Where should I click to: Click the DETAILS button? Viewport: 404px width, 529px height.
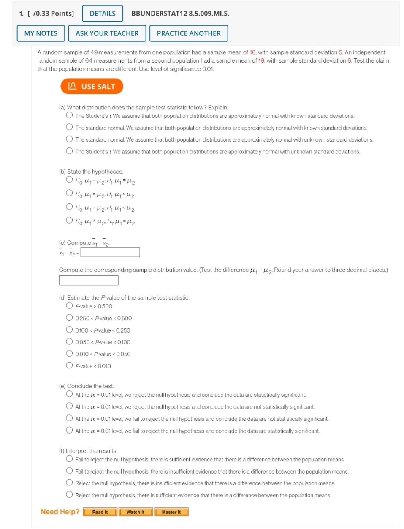tap(103, 14)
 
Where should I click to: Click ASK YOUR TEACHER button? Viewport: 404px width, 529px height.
tap(107, 33)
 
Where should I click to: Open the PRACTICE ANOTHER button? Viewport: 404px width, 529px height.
tap(189, 33)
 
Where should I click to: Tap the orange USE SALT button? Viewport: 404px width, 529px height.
tap(92, 86)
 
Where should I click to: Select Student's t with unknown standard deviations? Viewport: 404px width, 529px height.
tap(69, 151)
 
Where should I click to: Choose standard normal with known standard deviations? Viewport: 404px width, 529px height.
tap(69, 127)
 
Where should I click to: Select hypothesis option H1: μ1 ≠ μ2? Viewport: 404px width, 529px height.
tap(69, 180)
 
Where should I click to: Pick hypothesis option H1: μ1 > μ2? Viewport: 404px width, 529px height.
tap(69, 193)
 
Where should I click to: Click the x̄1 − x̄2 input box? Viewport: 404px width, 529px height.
tap(110, 252)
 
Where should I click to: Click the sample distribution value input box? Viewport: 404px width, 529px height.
tap(89, 280)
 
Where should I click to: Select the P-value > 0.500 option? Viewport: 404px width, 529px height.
tap(69, 305)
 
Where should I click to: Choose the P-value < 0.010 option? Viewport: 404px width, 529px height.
tap(69, 365)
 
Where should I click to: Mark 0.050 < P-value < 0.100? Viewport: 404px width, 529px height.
tap(69, 341)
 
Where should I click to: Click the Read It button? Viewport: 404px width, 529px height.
tap(100, 512)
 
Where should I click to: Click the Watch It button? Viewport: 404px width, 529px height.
tap(136, 512)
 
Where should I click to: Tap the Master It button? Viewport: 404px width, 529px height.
tap(171, 512)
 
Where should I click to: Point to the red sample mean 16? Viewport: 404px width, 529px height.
tap(252, 52)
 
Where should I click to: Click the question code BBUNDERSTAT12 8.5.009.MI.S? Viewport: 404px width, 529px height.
tap(180, 14)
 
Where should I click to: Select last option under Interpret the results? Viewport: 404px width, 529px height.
tap(69, 495)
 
